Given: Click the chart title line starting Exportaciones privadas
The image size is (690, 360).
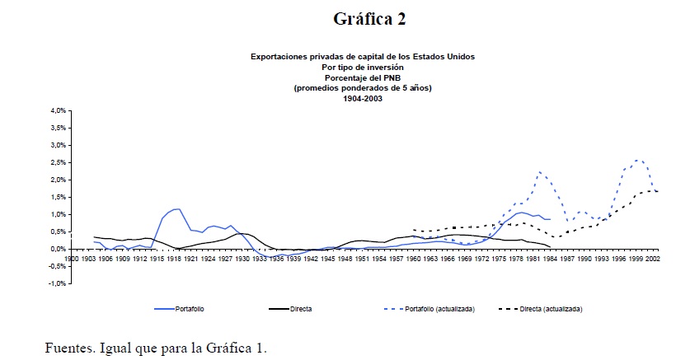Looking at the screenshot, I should tap(363, 56).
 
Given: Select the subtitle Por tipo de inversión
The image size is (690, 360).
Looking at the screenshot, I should tap(363, 67).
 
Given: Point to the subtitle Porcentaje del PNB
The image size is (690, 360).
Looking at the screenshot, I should tap(363, 77).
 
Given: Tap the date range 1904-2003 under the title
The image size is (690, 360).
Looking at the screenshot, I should tap(363, 99).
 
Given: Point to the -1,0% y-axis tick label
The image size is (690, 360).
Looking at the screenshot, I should tap(56, 283).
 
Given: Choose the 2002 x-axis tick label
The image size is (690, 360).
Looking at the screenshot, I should tap(653, 258).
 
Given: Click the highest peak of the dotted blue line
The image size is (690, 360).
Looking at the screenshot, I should tap(637, 160).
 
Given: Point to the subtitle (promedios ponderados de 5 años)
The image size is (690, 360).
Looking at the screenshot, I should tap(363, 88).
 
